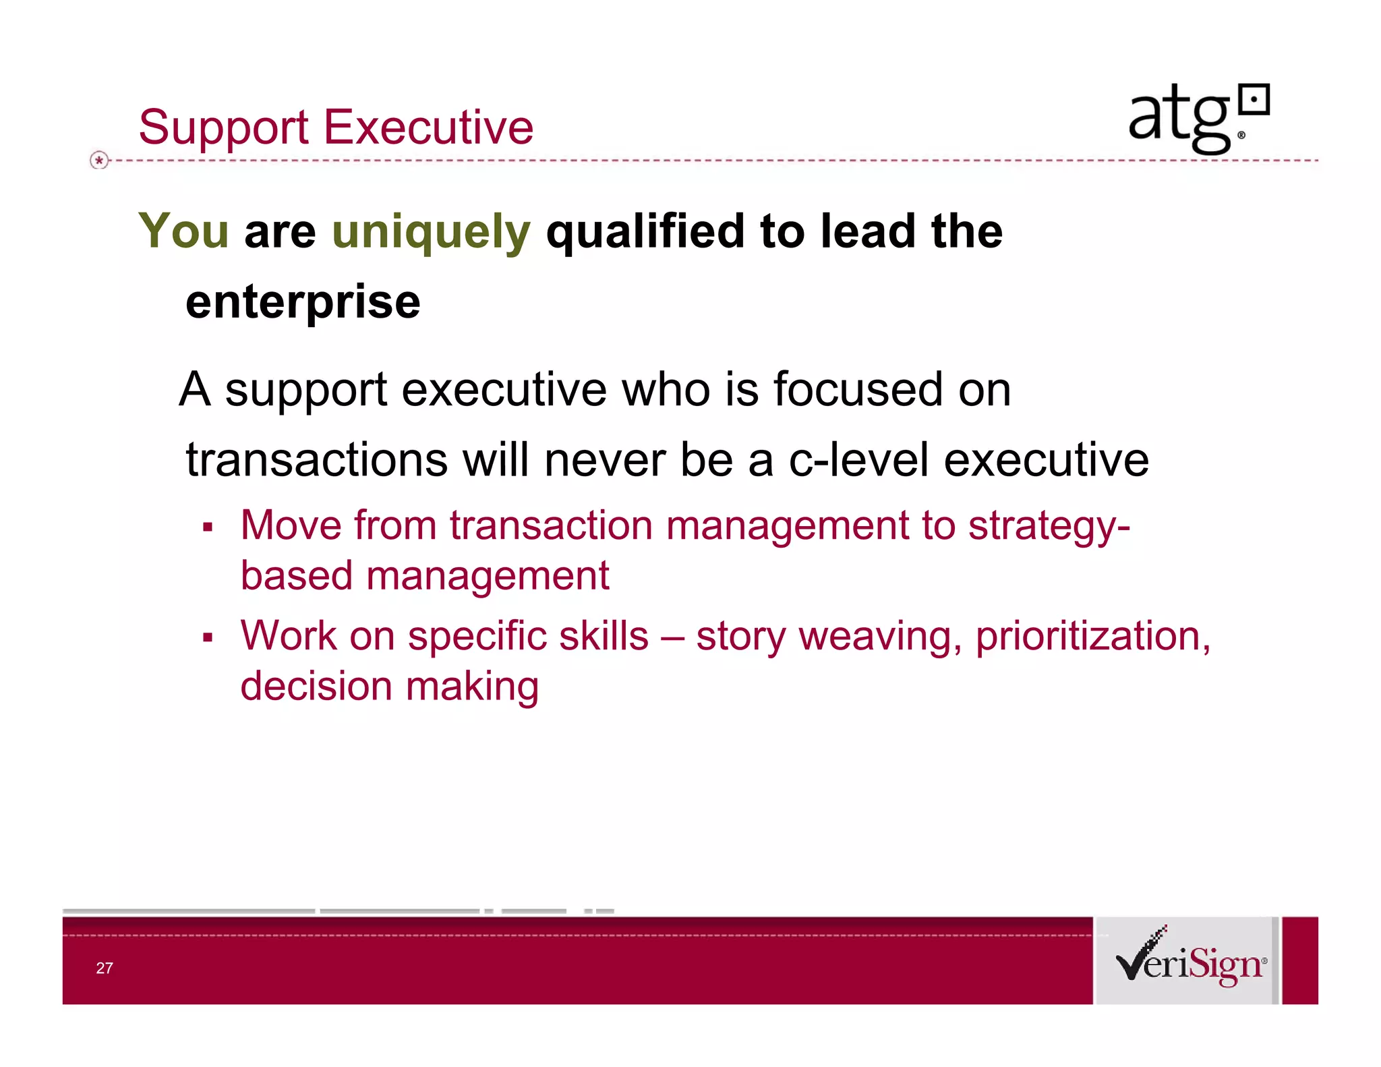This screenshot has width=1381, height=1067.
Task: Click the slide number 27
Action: click(105, 968)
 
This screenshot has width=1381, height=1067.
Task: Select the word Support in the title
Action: click(223, 128)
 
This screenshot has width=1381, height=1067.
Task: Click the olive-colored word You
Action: click(183, 231)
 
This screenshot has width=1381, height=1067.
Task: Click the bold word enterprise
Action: click(303, 302)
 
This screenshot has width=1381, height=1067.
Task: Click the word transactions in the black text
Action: click(317, 460)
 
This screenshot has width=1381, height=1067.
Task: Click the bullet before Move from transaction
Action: click(208, 527)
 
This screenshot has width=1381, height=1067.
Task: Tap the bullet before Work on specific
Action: click(208, 638)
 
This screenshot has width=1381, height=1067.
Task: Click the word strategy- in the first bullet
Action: click(1049, 526)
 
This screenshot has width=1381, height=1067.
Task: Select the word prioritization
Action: click(1092, 637)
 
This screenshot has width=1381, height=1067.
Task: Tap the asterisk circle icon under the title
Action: click(99, 161)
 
